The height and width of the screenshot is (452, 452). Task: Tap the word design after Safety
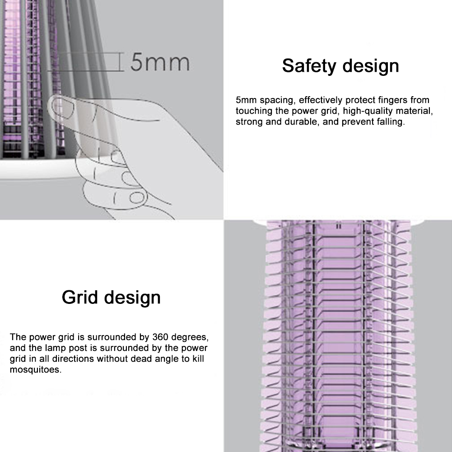[370, 66]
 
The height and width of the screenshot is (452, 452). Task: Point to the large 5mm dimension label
[160, 62]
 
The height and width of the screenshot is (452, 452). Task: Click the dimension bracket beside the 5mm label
[121, 61]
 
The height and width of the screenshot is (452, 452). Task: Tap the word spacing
[275, 100]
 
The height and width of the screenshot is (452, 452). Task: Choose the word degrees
[191, 337]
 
